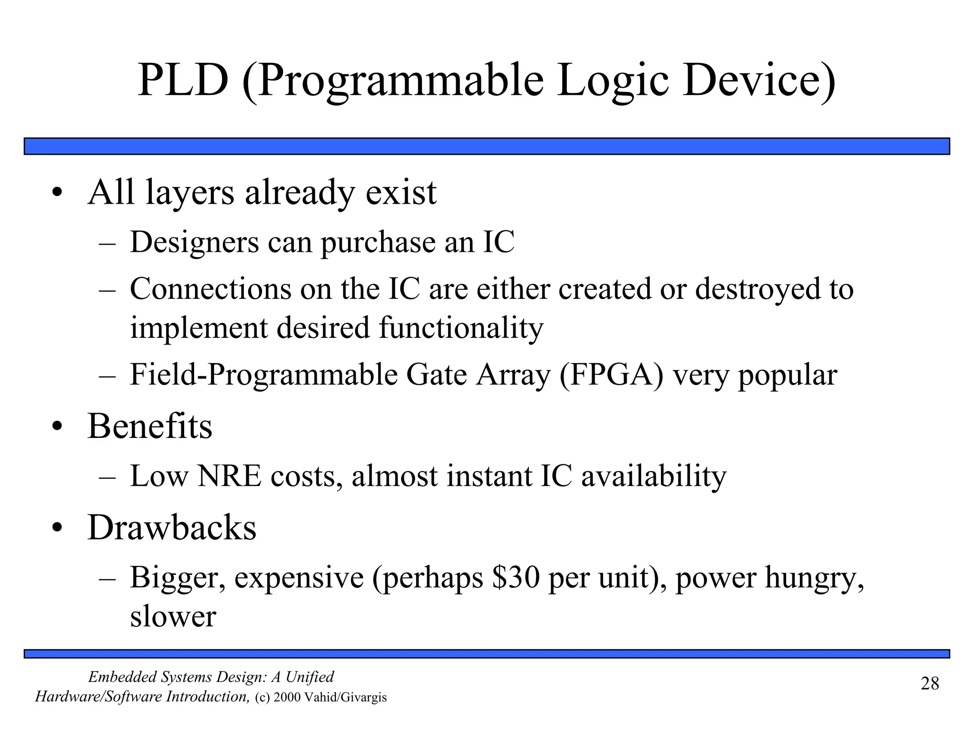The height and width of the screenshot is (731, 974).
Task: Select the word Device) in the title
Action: pyautogui.click(x=759, y=81)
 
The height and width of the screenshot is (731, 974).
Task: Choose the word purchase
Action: pyautogui.click(x=378, y=243)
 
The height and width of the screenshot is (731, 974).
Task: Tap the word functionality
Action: pyautogui.click(x=461, y=328)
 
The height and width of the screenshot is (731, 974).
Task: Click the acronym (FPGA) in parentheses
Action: pyautogui.click(x=612, y=375)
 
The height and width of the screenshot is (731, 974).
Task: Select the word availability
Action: pyautogui.click(x=654, y=476)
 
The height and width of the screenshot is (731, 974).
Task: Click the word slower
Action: pyautogui.click(x=173, y=616)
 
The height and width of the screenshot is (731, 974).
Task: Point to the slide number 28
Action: pyautogui.click(x=930, y=683)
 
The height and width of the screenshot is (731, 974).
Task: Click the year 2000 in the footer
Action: pyautogui.click(x=287, y=698)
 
